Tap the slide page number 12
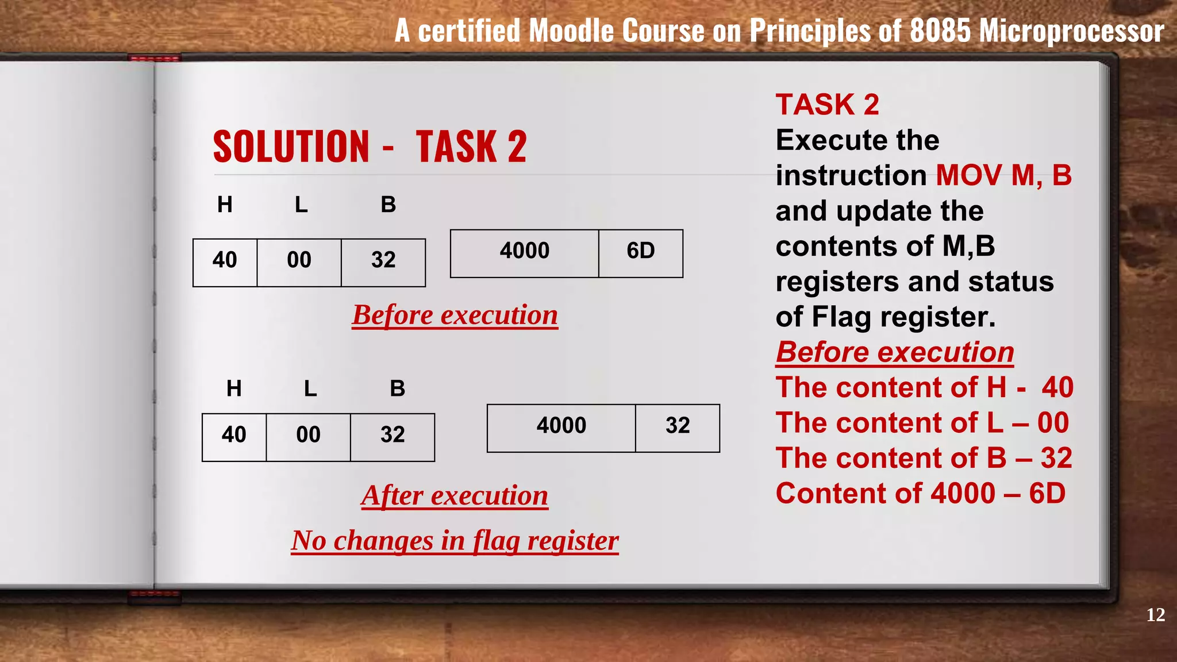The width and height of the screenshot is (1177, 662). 1155,615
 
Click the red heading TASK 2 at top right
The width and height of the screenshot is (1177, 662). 827,105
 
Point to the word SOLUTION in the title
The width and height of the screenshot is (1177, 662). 291,147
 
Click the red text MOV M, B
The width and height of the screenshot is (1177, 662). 1003,175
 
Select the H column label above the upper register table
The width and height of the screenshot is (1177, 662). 225,205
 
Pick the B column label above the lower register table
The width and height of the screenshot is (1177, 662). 397,389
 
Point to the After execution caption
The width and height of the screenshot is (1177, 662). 455,495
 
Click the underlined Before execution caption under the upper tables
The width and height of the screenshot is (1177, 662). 455,315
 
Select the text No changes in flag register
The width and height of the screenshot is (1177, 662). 455,541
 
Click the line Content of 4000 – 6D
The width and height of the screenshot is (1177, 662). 920,494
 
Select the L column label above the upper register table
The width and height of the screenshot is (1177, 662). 301,205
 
